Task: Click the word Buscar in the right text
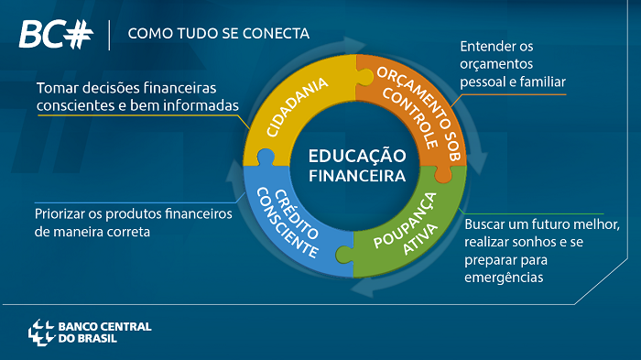pyautogui.click(x=486, y=224)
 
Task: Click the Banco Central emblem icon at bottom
pyautogui.click(x=41, y=332)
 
